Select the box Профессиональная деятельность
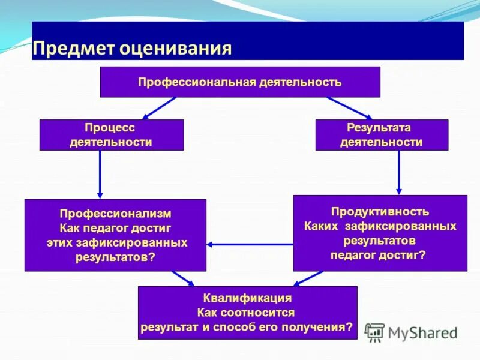[x=239, y=82]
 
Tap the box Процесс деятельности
[x=111, y=134]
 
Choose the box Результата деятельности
[x=381, y=134]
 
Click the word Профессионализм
[x=115, y=214]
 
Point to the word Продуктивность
[x=380, y=212]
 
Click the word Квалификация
[x=247, y=298]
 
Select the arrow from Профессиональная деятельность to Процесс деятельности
[x=160, y=108]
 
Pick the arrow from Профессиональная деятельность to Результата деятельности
[x=350, y=108]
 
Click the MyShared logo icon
[x=374, y=332]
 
